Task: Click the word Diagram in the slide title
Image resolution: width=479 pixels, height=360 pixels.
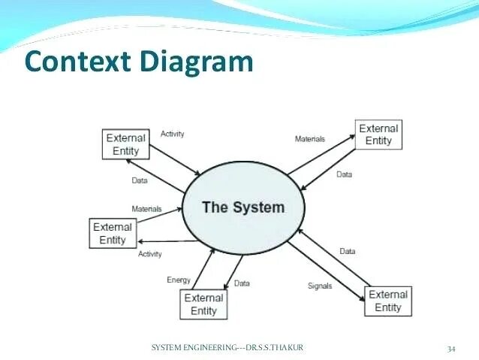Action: pyautogui.click(x=197, y=62)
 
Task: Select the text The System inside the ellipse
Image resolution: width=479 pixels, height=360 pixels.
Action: pyautogui.click(x=243, y=207)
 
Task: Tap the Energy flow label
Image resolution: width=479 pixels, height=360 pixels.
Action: pyautogui.click(x=179, y=280)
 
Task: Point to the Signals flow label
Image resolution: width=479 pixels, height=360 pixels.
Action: pyautogui.click(x=321, y=286)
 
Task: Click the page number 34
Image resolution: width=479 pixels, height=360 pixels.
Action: pyautogui.click(x=451, y=348)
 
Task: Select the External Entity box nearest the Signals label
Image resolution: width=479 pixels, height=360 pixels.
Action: pyautogui.click(x=388, y=301)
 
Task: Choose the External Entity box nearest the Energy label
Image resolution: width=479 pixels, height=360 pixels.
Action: pyautogui.click(x=203, y=304)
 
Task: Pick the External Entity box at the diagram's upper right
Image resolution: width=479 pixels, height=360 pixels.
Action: pyautogui.click(x=378, y=134)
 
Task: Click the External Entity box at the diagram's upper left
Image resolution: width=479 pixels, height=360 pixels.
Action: pyautogui.click(x=125, y=144)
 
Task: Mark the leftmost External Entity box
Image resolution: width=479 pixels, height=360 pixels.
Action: pyautogui.click(x=113, y=233)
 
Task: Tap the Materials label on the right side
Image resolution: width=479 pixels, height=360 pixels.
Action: pyautogui.click(x=309, y=139)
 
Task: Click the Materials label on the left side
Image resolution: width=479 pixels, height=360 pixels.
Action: pyautogui.click(x=146, y=209)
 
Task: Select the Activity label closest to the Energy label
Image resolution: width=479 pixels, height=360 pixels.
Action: pyautogui.click(x=150, y=254)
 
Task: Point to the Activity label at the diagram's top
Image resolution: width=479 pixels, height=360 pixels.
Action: pyautogui.click(x=172, y=134)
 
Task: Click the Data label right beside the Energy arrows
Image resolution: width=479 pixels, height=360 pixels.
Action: pyautogui.click(x=242, y=283)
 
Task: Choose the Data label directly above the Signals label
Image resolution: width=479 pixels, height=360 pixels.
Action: pyautogui.click(x=348, y=251)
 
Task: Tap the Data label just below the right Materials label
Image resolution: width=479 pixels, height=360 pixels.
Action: pyautogui.click(x=344, y=174)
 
